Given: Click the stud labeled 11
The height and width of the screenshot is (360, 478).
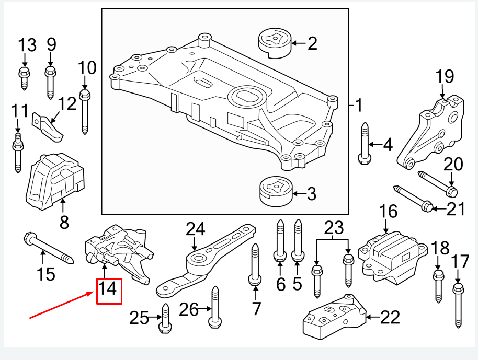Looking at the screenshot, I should coord(17,152).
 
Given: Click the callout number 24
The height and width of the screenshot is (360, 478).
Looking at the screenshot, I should coord(196,228).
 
